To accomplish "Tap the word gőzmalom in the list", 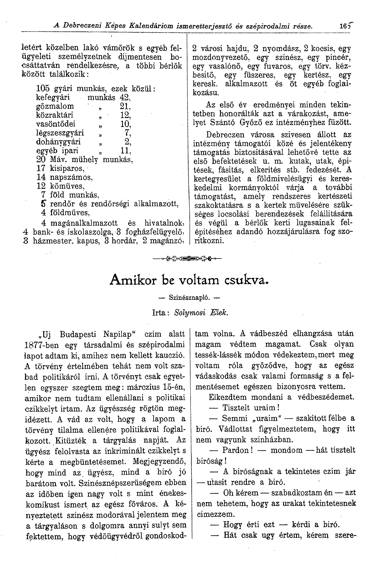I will click(x=55, y=106).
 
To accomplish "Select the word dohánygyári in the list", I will click(x=58, y=142).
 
